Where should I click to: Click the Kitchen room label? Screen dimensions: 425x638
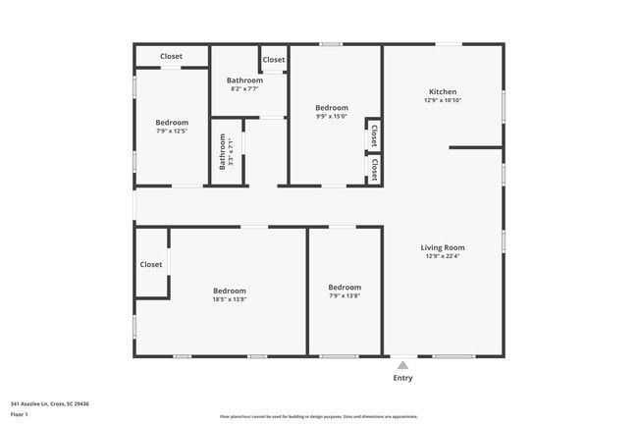[442, 92]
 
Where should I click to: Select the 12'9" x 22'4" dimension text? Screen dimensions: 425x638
[443, 257]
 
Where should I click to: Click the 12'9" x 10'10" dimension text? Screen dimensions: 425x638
[443, 100]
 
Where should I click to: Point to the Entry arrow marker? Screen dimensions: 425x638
[402, 364]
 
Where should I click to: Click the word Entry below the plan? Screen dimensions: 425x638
[402, 378]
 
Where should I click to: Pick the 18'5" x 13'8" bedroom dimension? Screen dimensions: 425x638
[230, 299]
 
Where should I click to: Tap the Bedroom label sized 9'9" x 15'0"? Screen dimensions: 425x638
[332, 107]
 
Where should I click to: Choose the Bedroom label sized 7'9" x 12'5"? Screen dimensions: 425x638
[172, 123]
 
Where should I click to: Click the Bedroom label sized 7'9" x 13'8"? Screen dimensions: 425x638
[344, 287]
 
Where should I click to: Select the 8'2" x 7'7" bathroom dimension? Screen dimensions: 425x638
[244, 88]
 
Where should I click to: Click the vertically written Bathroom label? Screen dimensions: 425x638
[223, 152]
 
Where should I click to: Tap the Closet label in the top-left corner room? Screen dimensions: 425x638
[172, 56]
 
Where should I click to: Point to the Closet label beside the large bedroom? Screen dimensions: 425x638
[151, 264]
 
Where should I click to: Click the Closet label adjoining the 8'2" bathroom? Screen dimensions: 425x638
[274, 60]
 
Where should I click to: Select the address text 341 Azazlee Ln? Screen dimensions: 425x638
[50, 403]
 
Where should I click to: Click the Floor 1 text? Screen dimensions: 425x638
[20, 414]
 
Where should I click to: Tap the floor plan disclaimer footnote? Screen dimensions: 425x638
[319, 417]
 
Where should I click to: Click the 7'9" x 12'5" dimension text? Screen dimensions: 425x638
[172, 131]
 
